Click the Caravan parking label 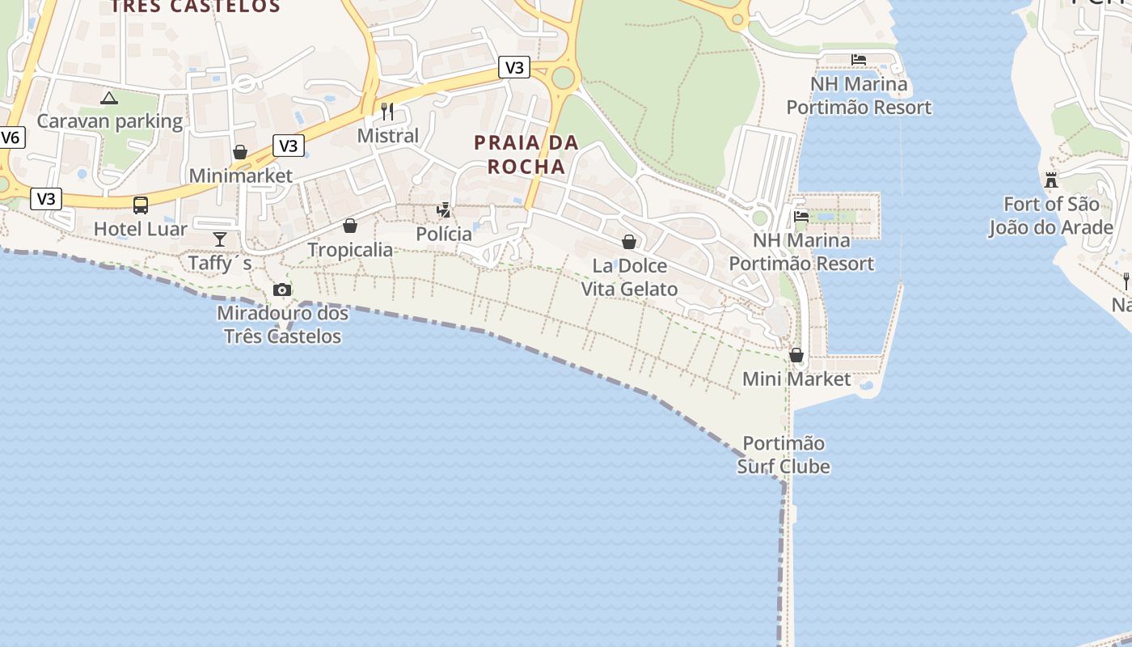tap(110, 121)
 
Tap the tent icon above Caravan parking tap(109, 99)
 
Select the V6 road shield tap(11, 137)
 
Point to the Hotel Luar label tap(141, 229)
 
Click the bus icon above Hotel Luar tap(141, 205)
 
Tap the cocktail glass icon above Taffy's tap(220, 239)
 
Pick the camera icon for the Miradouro tap(281, 290)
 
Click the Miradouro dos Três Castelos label tap(282, 324)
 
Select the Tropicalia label tap(350, 250)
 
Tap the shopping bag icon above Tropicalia tap(350, 226)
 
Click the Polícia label tap(444, 234)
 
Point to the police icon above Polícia tap(444, 210)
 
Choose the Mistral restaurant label tap(388, 135)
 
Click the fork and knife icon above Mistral tap(387, 111)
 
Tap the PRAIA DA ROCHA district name tap(526, 154)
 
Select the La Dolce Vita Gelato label tap(630, 277)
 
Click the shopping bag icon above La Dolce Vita tap(629, 242)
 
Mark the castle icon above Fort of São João tap(1051, 180)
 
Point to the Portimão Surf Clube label tap(784, 455)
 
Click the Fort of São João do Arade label tap(1051, 216)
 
